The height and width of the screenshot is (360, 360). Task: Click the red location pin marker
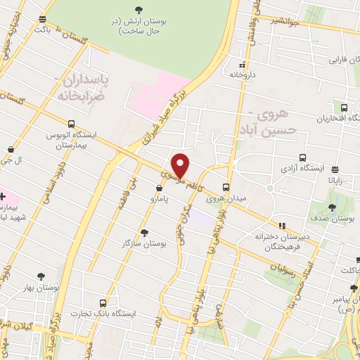coord(181,165)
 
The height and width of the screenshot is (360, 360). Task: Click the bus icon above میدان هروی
coord(226,187)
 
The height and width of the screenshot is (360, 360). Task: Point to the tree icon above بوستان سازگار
coord(144,232)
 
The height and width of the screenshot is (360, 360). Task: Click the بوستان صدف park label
coord(335,220)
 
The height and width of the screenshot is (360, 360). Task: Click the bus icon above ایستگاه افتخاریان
coord(344,108)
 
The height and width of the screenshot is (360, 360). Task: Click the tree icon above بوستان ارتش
coord(137,10)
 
